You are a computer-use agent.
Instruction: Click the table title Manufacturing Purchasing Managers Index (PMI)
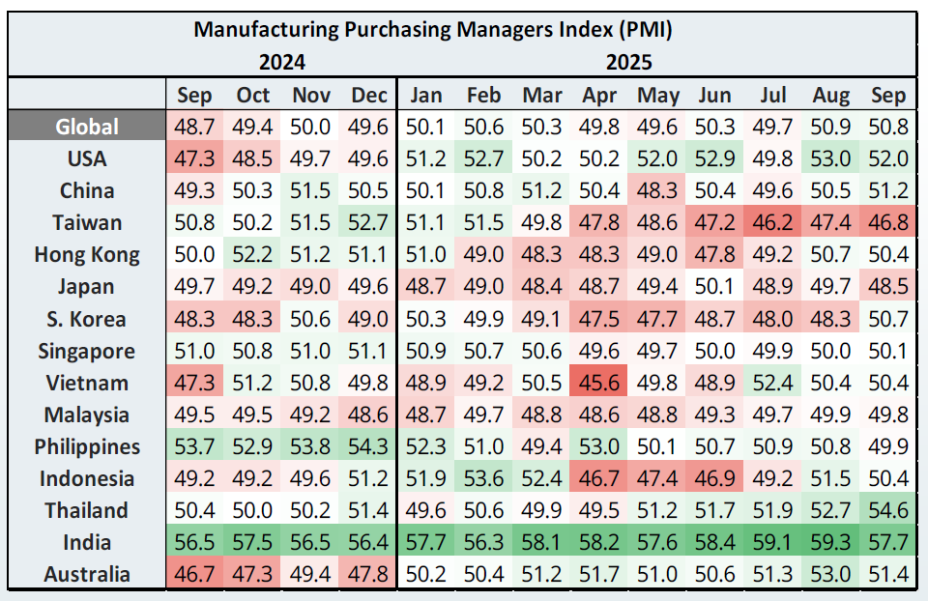point(432,29)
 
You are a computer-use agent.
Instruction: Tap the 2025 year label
point(629,63)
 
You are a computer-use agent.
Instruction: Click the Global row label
point(87,127)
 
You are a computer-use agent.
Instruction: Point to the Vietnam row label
point(87,383)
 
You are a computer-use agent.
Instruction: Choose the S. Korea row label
point(87,319)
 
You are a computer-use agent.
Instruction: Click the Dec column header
point(368,95)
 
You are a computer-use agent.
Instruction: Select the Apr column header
point(600,95)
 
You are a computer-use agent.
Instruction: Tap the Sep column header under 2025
point(887,95)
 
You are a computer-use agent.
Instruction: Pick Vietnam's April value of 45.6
point(600,383)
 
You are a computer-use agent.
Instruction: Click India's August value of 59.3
point(830,542)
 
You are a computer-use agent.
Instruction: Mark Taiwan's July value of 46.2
point(772,222)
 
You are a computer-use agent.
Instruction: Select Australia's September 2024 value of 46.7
point(195,574)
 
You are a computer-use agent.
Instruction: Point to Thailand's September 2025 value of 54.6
point(887,510)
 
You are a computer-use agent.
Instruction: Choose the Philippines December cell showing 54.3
point(368,446)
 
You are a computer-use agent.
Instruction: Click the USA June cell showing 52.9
point(715,158)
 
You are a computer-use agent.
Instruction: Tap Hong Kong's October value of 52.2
point(253,255)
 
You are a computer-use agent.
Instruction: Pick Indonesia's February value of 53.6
point(483,478)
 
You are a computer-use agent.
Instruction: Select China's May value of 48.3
point(658,190)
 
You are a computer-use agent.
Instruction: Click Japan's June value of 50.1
point(715,287)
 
